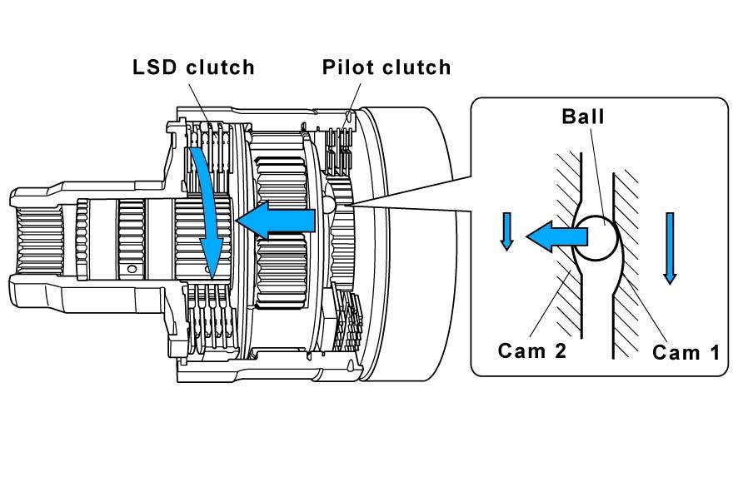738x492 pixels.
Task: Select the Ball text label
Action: tap(583, 117)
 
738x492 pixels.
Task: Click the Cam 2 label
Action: tap(532, 350)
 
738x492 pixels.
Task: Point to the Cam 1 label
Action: tap(686, 352)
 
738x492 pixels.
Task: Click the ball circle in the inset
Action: tap(596, 237)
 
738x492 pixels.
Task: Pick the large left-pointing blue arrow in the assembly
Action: tap(276, 220)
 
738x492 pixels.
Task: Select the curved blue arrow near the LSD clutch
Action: tap(205, 211)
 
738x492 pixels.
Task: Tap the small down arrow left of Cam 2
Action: tap(507, 231)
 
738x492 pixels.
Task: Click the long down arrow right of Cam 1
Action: tap(670, 248)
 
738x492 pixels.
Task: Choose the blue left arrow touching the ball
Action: tap(556, 236)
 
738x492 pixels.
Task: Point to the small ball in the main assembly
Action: tap(328, 203)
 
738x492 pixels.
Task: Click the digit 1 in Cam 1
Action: tap(715, 352)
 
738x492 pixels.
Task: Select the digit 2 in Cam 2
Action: tap(560, 350)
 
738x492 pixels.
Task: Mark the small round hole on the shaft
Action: tap(132, 269)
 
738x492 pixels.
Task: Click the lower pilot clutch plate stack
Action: tap(348, 320)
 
